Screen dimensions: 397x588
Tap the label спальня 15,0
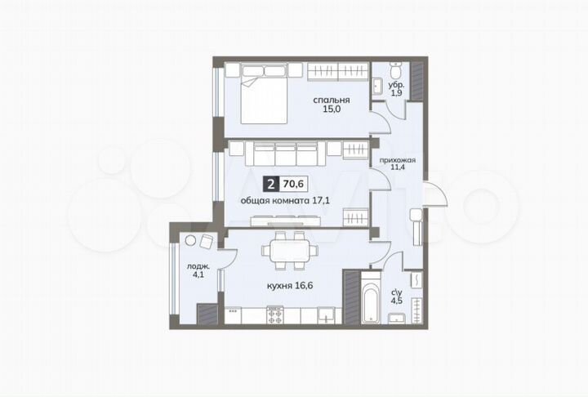[x=327, y=108]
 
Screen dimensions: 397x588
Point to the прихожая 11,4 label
[x=399, y=166]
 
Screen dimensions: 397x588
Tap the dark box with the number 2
[x=271, y=185]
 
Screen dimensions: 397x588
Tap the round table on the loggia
[x=192, y=241]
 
